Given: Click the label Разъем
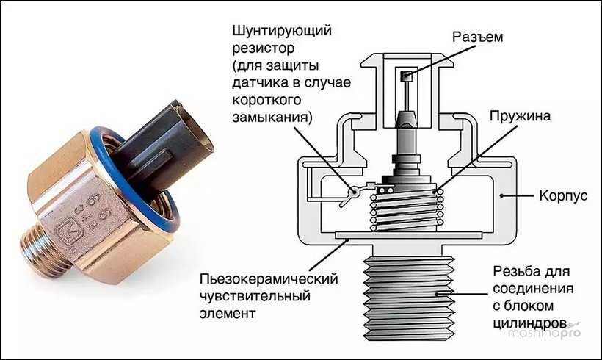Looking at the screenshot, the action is tap(477, 37).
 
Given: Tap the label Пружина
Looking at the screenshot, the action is tap(520, 115).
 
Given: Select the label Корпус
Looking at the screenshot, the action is tap(563, 195).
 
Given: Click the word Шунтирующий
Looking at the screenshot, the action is tap(282, 31).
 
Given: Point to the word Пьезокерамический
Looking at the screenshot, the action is tap(269, 278).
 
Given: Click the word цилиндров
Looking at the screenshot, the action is tap(530, 323).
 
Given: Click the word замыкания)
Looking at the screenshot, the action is tap(272, 117).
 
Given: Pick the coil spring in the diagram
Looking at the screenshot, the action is tap(407, 209).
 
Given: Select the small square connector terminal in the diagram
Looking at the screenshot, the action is tap(406, 76).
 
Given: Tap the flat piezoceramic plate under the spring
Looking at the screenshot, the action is tap(408, 235).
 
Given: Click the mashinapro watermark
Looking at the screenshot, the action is tap(545, 332).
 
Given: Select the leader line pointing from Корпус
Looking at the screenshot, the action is tap(517, 195).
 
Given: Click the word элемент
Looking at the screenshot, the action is tap(228, 313).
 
